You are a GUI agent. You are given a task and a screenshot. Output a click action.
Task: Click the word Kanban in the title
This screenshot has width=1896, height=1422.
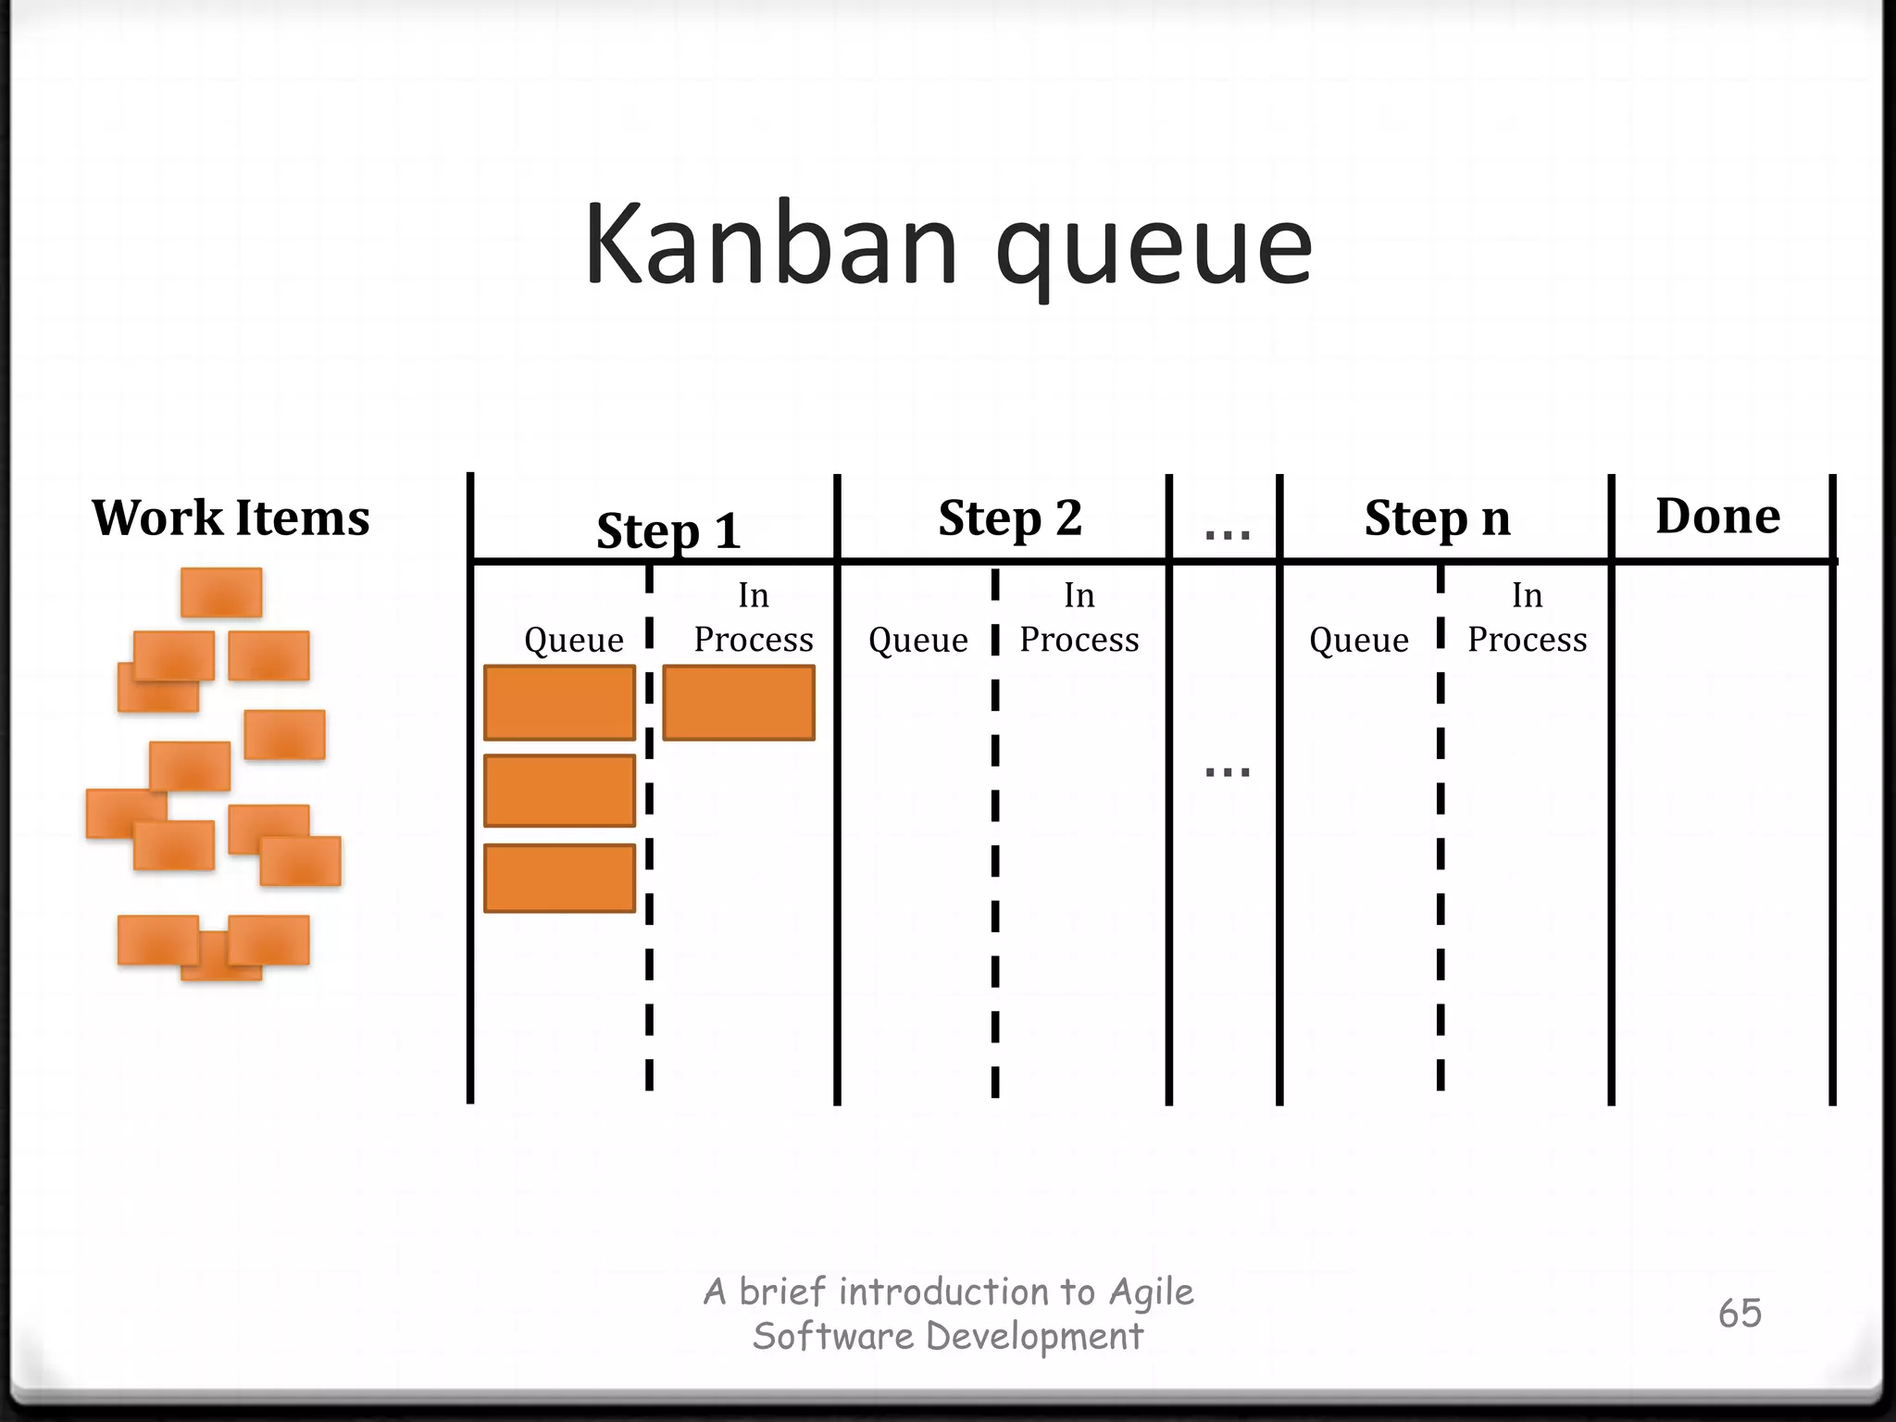tap(770, 245)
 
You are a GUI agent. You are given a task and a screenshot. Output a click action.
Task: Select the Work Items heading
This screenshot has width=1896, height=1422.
tap(231, 517)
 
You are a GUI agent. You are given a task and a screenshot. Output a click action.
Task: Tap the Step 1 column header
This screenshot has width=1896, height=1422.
tap(668, 530)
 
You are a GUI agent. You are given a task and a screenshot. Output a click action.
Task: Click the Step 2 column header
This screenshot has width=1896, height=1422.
tap(1010, 518)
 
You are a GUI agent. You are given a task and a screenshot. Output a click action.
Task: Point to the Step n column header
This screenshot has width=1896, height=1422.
tap(1437, 518)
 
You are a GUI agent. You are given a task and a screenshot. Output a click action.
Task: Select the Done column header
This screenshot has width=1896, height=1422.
tap(1717, 516)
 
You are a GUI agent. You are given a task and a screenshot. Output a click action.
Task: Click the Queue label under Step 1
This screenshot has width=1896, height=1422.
tap(573, 640)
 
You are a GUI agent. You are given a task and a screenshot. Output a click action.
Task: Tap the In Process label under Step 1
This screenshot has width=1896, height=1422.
tap(754, 617)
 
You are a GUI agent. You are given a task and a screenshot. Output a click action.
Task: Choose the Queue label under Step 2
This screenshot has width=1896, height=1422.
tap(917, 640)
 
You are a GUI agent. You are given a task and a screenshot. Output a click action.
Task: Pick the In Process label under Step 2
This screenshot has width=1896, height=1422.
tap(1079, 617)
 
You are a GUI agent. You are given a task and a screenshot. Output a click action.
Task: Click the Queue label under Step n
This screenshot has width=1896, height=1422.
tap(1358, 640)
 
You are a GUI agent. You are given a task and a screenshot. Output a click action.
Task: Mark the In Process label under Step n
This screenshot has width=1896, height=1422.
tap(1527, 617)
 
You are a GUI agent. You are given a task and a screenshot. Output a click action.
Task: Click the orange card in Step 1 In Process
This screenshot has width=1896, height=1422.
tap(739, 703)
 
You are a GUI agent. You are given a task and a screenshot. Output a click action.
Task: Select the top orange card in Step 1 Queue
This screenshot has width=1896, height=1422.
tap(559, 703)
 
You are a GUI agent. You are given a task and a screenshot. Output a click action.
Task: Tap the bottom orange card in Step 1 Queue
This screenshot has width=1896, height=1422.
tap(559, 878)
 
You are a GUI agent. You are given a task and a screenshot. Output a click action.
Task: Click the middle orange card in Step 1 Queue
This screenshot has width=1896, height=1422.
tap(559, 790)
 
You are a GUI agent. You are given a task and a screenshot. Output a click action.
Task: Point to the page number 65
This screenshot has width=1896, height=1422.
tap(1740, 1313)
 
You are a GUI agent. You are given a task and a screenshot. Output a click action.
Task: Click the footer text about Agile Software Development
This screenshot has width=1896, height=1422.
tap(948, 1314)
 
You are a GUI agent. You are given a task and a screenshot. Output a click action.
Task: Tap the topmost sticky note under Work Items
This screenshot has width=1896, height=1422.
tap(221, 592)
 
